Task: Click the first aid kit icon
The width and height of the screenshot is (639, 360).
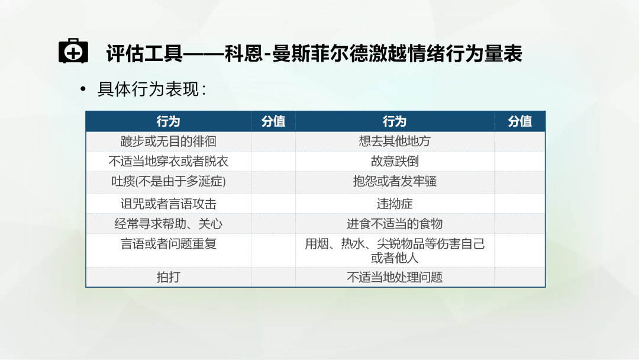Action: point(73,51)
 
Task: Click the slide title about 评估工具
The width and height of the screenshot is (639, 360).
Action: point(314,53)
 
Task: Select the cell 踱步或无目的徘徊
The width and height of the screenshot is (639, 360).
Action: point(168,142)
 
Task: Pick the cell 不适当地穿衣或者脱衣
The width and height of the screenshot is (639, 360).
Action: point(168,162)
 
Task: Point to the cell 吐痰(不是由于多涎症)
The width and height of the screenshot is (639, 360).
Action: point(168,181)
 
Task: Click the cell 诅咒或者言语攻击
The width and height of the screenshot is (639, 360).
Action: point(168,204)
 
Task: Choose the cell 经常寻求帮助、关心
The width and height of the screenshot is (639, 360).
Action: point(168,224)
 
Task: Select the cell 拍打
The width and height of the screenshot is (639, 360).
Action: point(168,277)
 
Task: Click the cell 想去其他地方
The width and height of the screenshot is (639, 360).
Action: point(395,142)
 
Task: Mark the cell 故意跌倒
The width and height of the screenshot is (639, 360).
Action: point(395,162)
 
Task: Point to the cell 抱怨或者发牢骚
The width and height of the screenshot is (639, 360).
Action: point(395,181)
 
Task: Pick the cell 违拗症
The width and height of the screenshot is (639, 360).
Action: point(395,204)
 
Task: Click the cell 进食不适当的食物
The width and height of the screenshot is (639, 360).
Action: point(395,224)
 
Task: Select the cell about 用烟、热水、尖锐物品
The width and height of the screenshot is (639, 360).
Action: point(395,250)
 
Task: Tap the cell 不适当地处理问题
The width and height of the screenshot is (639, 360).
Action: point(395,277)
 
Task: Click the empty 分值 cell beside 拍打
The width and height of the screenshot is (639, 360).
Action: point(273,277)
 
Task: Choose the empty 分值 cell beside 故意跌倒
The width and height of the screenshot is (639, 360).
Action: point(519,162)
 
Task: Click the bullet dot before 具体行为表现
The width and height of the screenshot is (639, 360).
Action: point(83,89)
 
